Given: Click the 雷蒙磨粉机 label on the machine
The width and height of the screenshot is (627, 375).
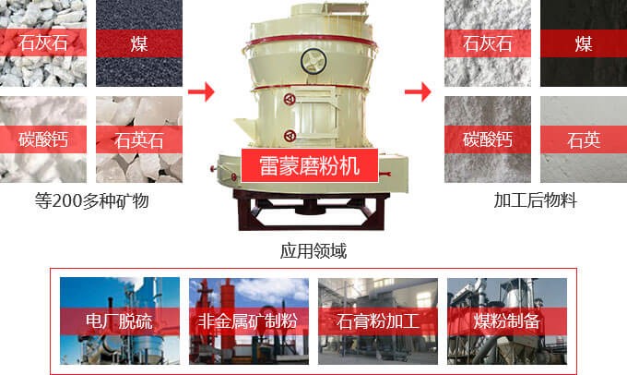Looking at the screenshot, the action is coord(310,165).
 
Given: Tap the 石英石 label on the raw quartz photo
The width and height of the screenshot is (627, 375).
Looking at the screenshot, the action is coord(138,140).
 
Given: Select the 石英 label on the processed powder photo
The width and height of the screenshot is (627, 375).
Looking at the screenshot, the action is coord(584,140).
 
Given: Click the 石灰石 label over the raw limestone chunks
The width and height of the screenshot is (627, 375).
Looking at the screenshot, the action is coord(42,42).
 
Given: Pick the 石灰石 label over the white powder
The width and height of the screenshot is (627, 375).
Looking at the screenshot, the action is coord(488,43).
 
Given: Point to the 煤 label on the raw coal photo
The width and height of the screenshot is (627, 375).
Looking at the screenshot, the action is coord(139,43).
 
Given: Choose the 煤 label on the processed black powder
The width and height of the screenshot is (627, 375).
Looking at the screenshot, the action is coord(584,43).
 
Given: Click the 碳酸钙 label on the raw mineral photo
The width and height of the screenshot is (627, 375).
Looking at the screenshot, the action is coord(42,139).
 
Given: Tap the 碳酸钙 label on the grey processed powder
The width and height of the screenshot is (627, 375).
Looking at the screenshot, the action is coord(488,139).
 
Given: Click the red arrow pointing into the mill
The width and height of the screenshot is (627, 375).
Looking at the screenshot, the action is coord(201,91).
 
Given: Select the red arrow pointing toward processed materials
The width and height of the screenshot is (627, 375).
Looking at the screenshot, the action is coord(418,91).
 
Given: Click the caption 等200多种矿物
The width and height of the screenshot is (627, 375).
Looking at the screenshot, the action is coord(91,200).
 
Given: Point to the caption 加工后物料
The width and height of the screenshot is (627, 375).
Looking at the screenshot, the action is coord(536,200).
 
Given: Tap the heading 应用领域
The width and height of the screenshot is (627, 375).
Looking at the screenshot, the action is coord(313,251).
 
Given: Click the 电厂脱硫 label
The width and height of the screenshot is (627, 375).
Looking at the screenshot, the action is coord(119,321).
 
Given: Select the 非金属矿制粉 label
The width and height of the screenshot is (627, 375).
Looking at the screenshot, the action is coord(248,321).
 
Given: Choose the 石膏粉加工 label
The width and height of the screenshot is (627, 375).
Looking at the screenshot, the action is coord(378,321).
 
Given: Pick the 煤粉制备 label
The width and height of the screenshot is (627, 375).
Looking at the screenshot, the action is coord(506,321).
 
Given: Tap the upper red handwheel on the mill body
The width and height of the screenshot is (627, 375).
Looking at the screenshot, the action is coord(290,99).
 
